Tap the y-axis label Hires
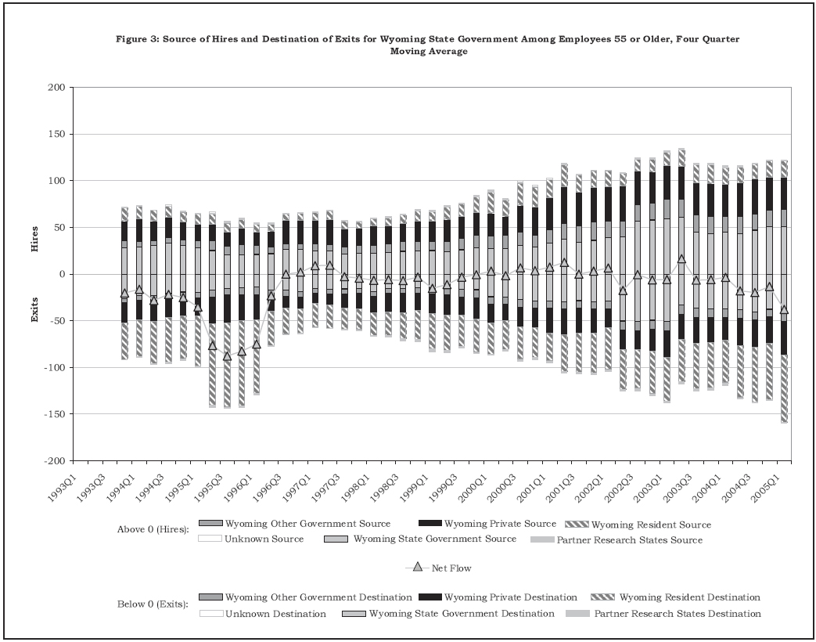pyautogui.click(x=34, y=239)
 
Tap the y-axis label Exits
pyautogui.click(x=34, y=310)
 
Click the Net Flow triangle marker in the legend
pyautogui.click(x=418, y=568)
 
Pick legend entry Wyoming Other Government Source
pyautogui.click(x=307, y=524)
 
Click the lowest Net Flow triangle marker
pyautogui.click(x=228, y=356)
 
